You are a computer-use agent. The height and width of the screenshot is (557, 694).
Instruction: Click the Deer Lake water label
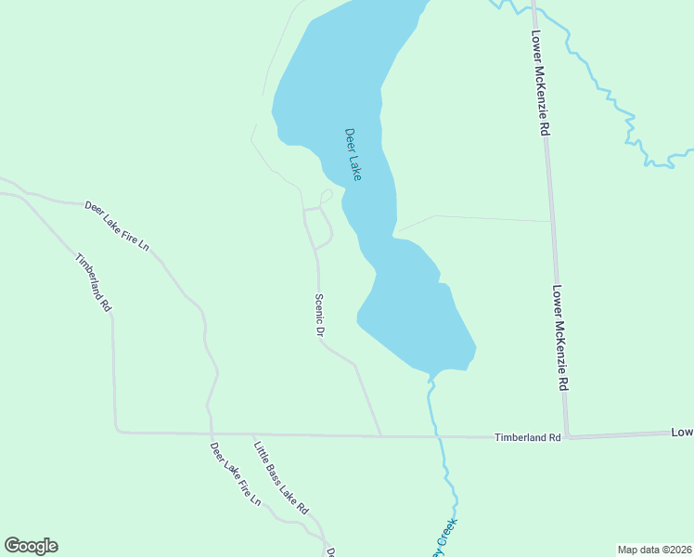coord(353,154)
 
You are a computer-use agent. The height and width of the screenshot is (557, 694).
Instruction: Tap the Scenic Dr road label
coord(319,316)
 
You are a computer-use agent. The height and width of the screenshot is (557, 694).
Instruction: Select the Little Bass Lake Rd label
coord(280,477)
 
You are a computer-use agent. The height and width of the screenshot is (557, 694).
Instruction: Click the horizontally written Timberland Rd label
coord(528,437)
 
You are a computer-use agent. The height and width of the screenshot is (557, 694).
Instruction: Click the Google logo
coord(31,546)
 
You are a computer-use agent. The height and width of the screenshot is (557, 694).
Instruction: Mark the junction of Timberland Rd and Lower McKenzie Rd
coord(567,436)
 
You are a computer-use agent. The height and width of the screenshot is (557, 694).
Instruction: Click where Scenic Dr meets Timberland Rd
coord(380,435)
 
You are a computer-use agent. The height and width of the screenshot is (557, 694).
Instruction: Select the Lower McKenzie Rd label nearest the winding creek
coord(539,84)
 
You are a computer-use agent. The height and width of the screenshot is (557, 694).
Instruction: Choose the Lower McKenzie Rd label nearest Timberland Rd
coord(559,337)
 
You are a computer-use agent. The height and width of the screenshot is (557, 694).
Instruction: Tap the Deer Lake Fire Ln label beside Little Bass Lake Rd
coord(236,473)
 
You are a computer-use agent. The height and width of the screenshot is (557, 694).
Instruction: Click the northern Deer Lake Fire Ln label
coord(117,226)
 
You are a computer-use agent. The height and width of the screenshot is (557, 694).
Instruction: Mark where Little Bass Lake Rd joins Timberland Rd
coord(252,434)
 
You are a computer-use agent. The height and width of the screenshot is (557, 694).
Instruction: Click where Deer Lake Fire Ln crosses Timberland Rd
coord(212,433)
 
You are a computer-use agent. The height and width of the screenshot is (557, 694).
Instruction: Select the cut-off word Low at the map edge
coord(682,433)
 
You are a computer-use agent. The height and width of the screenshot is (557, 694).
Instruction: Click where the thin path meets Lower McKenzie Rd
coord(551,221)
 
